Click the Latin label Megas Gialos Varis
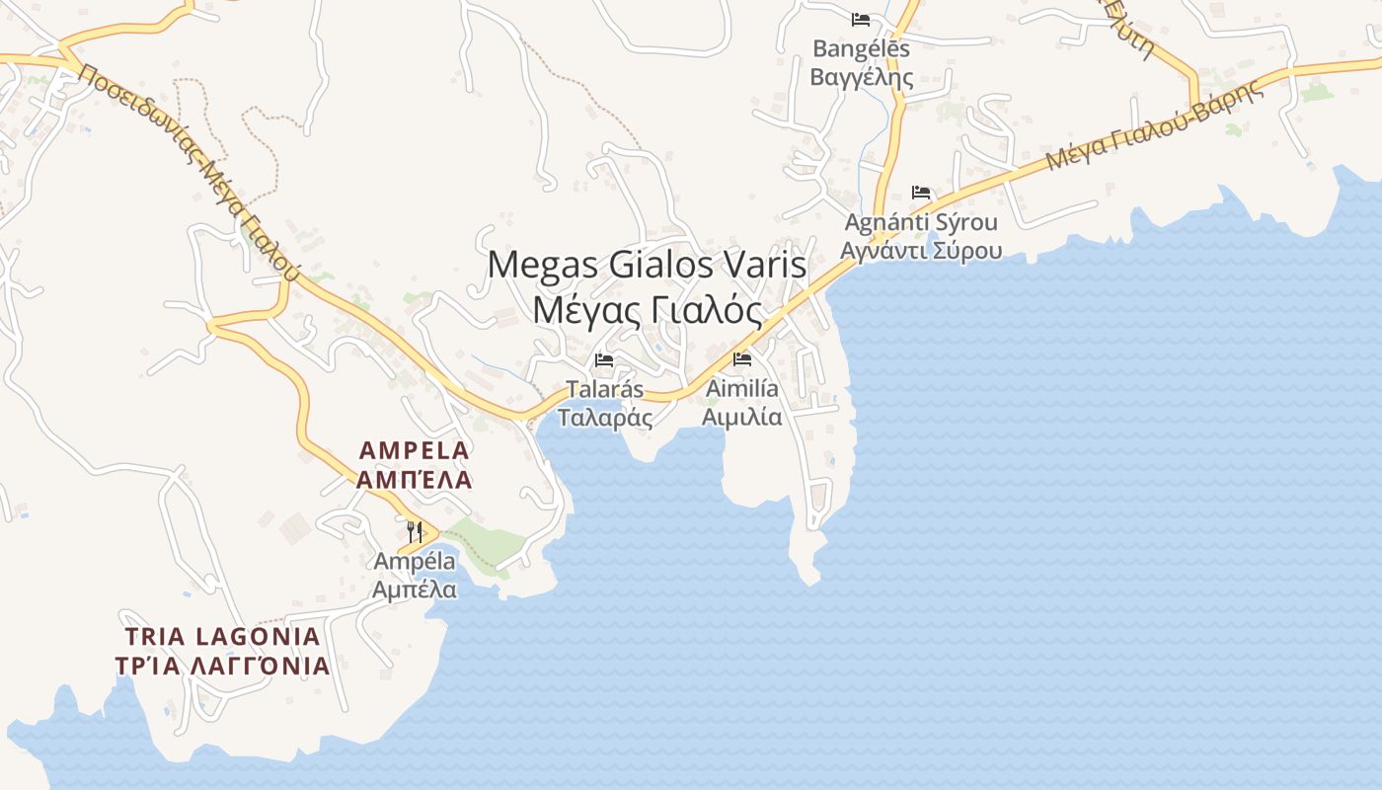(647, 265)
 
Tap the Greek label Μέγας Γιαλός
(648, 310)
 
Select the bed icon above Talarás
(604, 359)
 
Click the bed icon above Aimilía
(742, 358)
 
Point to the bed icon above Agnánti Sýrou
(921, 192)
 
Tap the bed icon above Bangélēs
(861, 19)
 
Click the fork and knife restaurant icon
(415, 532)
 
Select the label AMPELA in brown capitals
(415, 450)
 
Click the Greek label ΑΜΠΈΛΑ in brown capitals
(415, 480)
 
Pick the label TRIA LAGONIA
(222, 636)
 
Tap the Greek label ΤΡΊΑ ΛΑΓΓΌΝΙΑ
(222, 666)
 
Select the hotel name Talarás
(604, 389)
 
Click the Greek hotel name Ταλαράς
(604, 417)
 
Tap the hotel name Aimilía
(742, 388)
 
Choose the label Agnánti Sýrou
(921, 222)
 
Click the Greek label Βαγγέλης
(861, 76)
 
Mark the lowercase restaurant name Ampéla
(415, 561)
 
